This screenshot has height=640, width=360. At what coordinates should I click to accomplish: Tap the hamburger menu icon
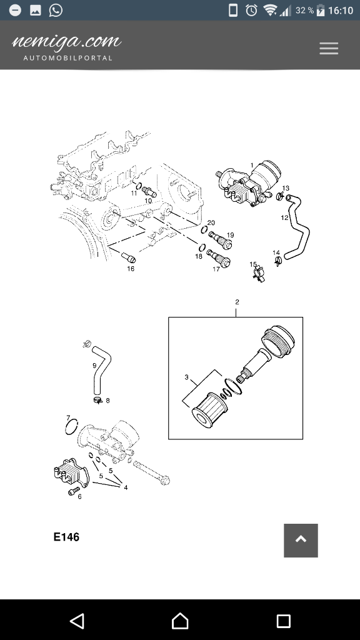click(x=329, y=48)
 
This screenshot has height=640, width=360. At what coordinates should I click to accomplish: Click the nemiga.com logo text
click(x=66, y=42)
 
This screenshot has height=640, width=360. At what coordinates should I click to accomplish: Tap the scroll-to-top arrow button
click(x=301, y=541)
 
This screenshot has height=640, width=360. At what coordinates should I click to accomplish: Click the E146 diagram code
click(x=66, y=537)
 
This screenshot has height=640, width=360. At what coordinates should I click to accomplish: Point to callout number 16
click(x=131, y=269)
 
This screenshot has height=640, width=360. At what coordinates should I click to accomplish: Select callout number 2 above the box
click(x=237, y=302)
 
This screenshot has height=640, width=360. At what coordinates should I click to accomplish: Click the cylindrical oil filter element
click(x=209, y=409)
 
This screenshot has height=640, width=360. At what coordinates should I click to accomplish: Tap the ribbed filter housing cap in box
click(x=278, y=342)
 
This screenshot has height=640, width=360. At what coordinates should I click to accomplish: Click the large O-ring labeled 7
click(x=71, y=427)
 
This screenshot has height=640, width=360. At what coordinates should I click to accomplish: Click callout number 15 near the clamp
click(x=253, y=264)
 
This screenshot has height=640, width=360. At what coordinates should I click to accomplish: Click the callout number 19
click(x=231, y=235)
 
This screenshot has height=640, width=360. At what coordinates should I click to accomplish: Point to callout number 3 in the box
click(x=186, y=377)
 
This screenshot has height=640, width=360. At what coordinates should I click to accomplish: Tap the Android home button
click(x=180, y=621)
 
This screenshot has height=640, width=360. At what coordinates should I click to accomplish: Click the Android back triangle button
click(x=77, y=621)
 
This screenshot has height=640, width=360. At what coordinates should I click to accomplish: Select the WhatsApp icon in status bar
click(x=56, y=10)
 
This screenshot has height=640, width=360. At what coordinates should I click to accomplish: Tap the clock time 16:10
click(x=341, y=11)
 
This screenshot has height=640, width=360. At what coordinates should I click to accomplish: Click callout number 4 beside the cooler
click(x=126, y=487)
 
